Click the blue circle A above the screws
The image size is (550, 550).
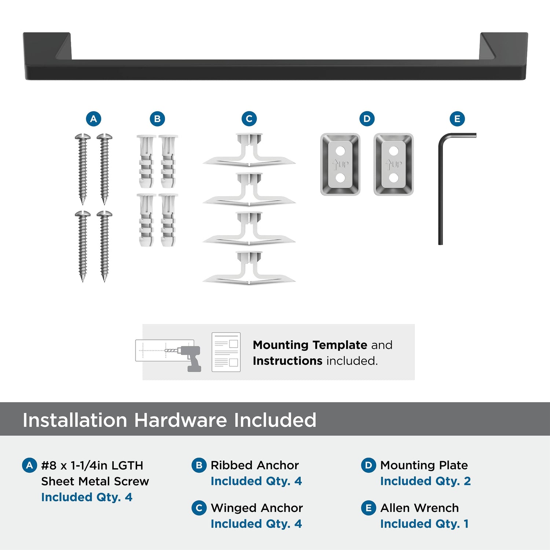point(93,119)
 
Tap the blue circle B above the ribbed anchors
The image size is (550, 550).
point(157,119)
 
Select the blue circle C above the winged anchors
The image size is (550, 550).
point(249,119)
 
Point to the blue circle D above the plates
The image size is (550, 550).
point(367,119)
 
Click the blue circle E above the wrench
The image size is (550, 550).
point(457,119)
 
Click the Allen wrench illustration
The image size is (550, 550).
point(441,191)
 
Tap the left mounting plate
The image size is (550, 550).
point(340,164)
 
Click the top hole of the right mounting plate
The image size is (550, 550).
point(394,151)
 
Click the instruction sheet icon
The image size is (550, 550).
point(226,352)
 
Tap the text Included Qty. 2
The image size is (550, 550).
point(425,481)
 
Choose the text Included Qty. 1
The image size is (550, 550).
point(425,524)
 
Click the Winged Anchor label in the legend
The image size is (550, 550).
point(257,508)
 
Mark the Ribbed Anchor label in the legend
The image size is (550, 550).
point(255,465)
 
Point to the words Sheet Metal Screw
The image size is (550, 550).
point(95,481)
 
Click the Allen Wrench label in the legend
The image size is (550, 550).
point(419,508)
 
